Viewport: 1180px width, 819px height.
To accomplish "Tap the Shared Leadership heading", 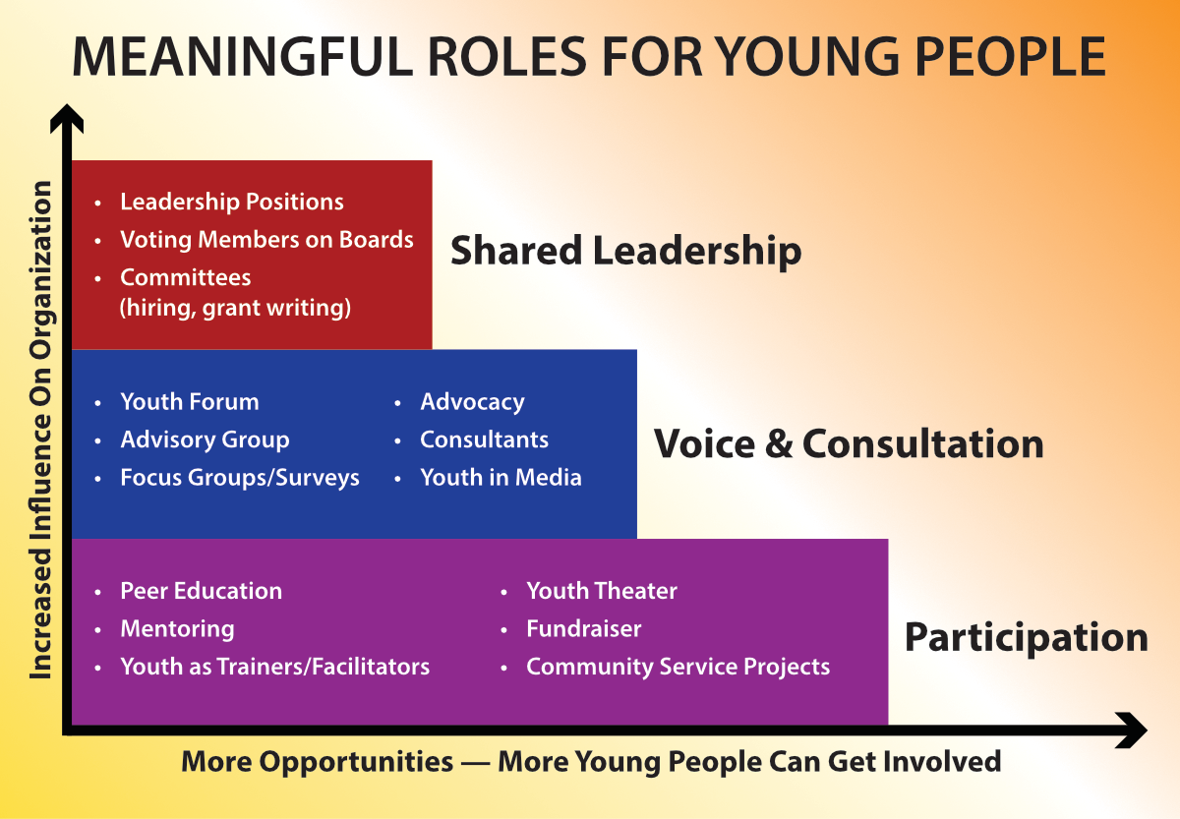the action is coord(625,252).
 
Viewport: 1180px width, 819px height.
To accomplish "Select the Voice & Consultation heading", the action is coord(849,444).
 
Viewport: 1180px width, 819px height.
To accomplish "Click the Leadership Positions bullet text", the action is coord(232,203).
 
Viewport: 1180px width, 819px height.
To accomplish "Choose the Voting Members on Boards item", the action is coord(266,240).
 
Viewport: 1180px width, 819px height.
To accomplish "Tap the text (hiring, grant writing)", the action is coord(235,308).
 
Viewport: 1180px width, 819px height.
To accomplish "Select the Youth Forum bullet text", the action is coord(190,402).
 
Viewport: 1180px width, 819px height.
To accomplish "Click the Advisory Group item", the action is coord(205,440).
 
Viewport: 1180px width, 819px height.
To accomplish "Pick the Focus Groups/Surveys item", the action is coord(240,478).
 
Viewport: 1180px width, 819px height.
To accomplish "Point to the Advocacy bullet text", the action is coord(472,402).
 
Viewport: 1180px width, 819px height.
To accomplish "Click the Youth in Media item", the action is coord(501,478).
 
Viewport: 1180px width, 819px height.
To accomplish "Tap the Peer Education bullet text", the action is coord(202,591).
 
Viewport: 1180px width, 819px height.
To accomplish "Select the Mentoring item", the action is coord(178,629).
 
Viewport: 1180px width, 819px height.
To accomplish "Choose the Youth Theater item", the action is coord(602,591).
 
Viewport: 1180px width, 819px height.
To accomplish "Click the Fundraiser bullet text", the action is coord(584,629).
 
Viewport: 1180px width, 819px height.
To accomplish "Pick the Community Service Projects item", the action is coord(678,668).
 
